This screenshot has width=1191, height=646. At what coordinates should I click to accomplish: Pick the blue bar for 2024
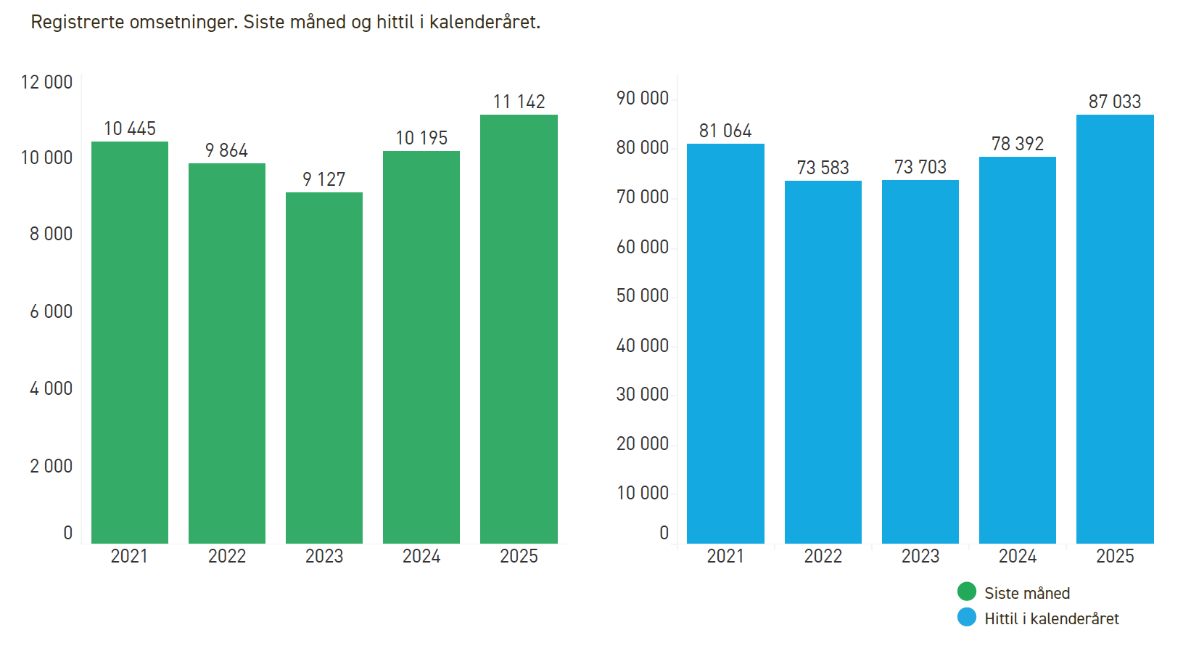pyautogui.click(x=1017, y=350)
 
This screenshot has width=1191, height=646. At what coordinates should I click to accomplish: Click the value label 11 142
pyautogui.click(x=519, y=102)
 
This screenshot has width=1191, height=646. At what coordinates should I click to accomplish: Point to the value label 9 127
pyautogui.click(x=324, y=179)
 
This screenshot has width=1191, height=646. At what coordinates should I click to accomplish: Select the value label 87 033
pyautogui.click(x=1115, y=102)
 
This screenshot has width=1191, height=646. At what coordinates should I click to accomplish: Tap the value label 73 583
pyautogui.click(x=823, y=168)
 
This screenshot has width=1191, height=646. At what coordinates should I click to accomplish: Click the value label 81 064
pyautogui.click(x=725, y=131)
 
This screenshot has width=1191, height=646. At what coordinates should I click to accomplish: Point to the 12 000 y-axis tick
pyautogui.click(x=46, y=82)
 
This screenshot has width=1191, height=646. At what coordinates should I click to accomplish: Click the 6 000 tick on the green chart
pyautogui.click(x=51, y=311)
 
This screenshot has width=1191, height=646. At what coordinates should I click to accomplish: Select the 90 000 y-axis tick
pyautogui.click(x=642, y=98)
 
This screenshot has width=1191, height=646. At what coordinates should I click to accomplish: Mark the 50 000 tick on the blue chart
pyautogui.click(x=642, y=295)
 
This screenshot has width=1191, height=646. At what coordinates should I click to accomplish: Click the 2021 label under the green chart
pyautogui.click(x=129, y=556)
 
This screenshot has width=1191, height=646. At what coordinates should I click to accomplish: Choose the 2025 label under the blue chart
pyautogui.click(x=1115, y=556)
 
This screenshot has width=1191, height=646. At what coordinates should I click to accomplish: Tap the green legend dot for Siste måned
pyautogui.click(x=967, y=592)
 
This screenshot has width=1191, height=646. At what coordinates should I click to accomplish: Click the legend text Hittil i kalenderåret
pyautogui.click(x=1051, y=618)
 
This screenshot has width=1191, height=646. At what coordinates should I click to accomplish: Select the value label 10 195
pyautogui.click(x=421, y=138)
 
